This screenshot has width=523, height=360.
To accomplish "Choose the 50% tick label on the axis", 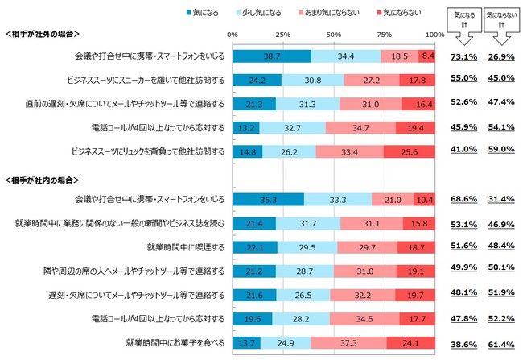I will click(x=334, y=35).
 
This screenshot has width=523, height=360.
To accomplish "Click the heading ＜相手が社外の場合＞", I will click(x=45, y=35).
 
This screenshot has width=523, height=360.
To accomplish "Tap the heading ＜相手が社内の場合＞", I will click(x=45, y=178).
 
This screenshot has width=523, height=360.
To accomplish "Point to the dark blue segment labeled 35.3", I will click(x=268, y=199).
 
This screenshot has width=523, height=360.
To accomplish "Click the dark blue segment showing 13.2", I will click(x=246, y=127).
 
